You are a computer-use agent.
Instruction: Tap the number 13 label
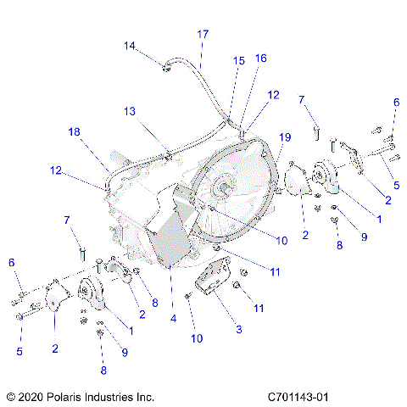click(x=129, y=111)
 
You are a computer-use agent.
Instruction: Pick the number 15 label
click(x=238, y=60)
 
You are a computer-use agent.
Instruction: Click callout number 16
click(x=260, y=58)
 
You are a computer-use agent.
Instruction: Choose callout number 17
click(x=203, y=34)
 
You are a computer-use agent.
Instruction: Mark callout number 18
click(x=75, y=131)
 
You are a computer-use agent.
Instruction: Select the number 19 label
click(x=285, y=137)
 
